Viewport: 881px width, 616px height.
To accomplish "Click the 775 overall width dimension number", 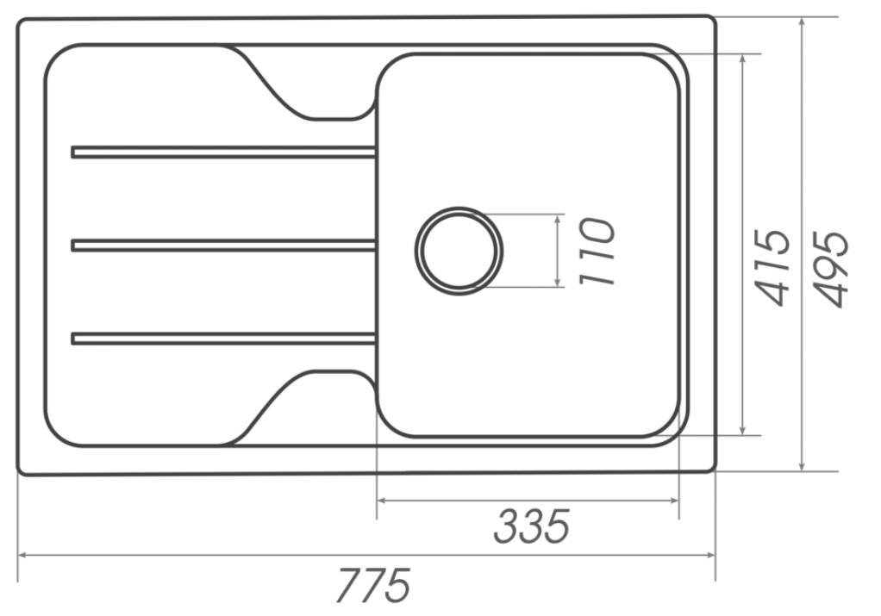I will (x=372, y=587).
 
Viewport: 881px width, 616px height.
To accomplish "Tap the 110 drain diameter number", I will (x=597, y=251).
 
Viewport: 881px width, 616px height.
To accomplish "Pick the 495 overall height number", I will (x=832, y=268).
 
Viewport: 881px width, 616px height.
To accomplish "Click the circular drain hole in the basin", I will (x=459, y=251).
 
